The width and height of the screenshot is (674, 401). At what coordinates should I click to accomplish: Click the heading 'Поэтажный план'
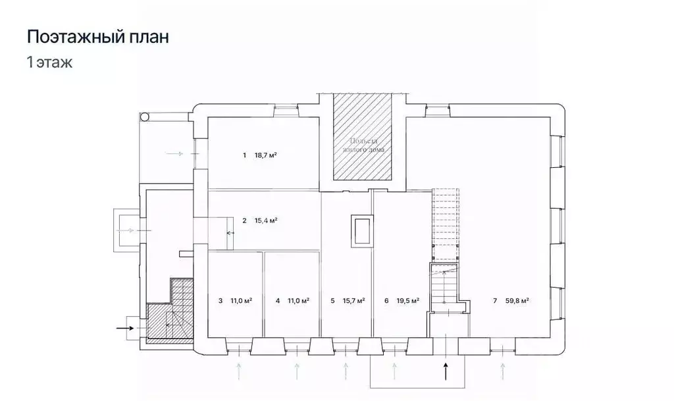click(x=97, y=37)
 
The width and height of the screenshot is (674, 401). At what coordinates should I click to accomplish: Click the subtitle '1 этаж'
click(x=49, y=63)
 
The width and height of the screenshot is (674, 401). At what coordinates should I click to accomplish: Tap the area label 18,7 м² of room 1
click(x=265, y=156)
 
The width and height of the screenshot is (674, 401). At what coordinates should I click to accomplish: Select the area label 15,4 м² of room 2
click(x=265, y=221)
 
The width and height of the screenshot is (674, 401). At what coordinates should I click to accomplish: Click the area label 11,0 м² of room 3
click(x=242, y=301)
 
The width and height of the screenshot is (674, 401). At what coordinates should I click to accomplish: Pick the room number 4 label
click(x=278, y=301)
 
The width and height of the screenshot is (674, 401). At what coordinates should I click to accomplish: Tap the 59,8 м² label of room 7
click(x=517, y=301)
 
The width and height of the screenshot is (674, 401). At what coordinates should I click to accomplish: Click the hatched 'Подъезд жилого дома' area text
click(x=362, y=146)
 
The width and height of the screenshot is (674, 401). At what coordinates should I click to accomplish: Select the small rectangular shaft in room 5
click(x=361, y=230)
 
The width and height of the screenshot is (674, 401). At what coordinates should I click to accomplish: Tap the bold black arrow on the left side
click(x=124, y=326)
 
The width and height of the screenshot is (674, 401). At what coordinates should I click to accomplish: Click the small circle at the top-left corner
click(x=145, y=117)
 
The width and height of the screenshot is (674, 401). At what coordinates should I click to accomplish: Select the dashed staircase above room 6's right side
click(x=444, y=224)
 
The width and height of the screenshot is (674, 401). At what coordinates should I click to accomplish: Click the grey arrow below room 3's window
click(x=240, y=370)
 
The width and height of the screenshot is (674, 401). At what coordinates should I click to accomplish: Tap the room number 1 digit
click(x=244, y=156)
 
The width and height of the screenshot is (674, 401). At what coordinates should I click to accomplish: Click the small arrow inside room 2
click(x=230, y=233)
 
